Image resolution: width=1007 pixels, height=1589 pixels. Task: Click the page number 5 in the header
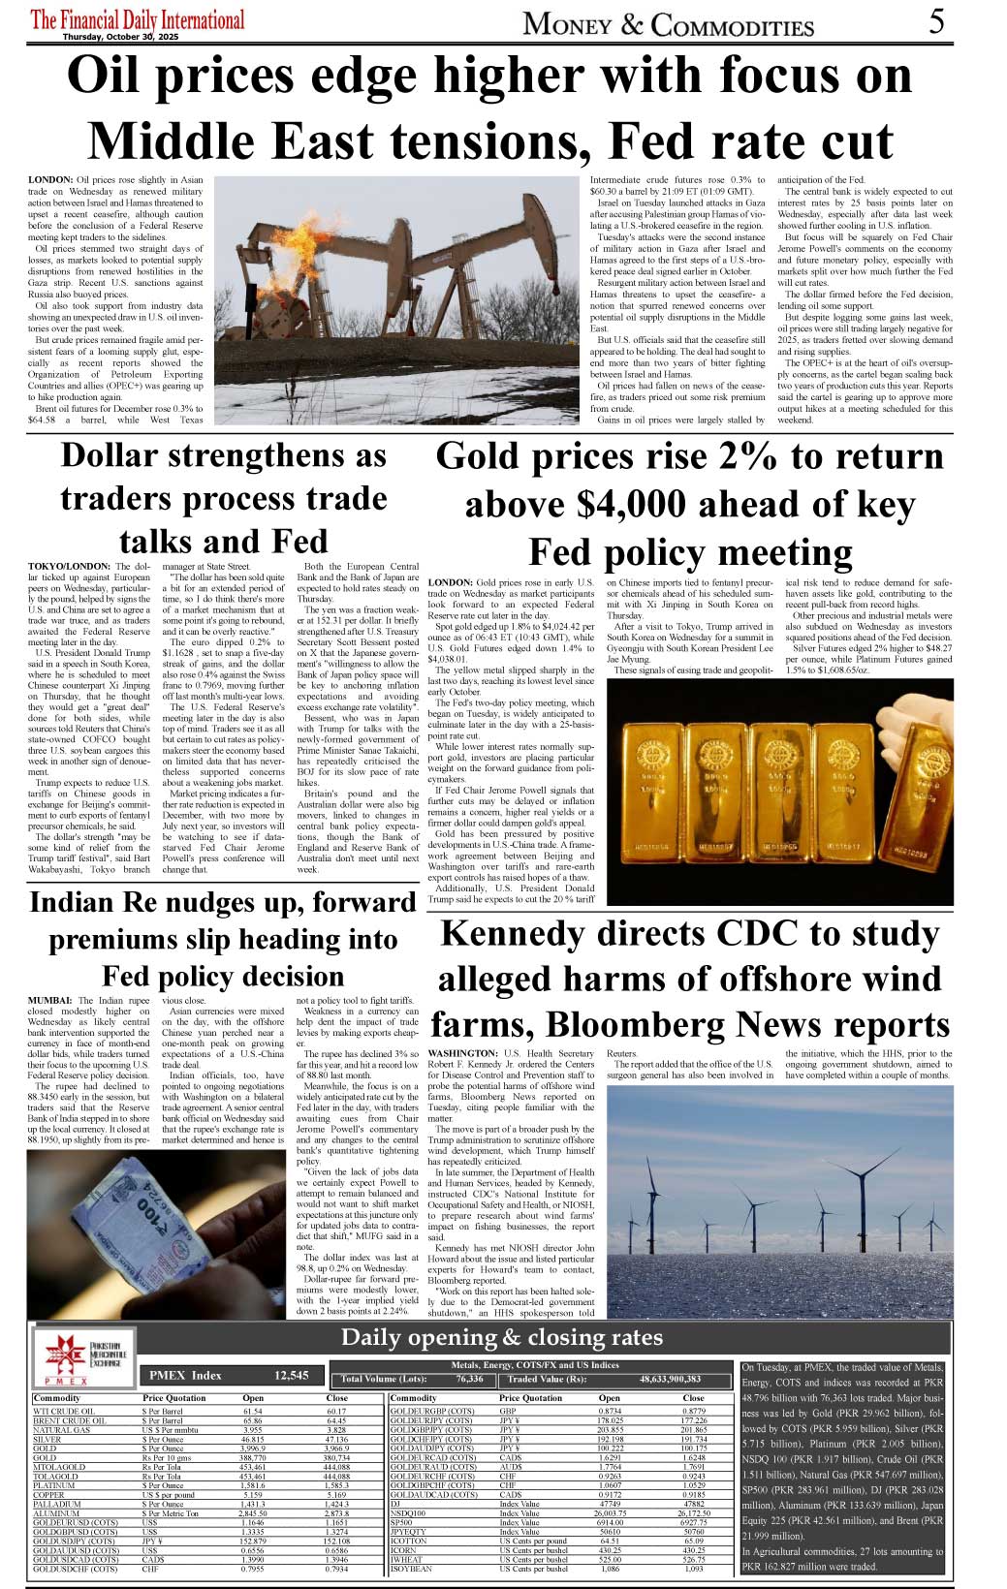(x=936, y=20)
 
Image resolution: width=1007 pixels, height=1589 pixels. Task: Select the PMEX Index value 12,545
(x=291, y=1375)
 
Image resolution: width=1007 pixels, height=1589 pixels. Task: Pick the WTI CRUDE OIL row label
(x=64, y=1411)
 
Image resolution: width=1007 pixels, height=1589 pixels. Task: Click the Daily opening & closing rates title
(x=501, y=1338)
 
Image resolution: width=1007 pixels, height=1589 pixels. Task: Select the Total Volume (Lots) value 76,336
(x=469, y=1379)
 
